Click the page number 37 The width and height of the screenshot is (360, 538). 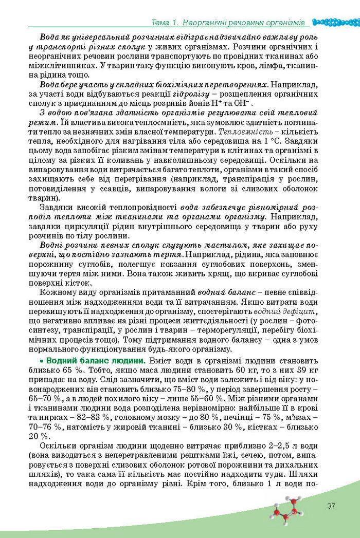point(331,506)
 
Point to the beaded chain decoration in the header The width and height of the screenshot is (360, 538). point(335,22)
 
